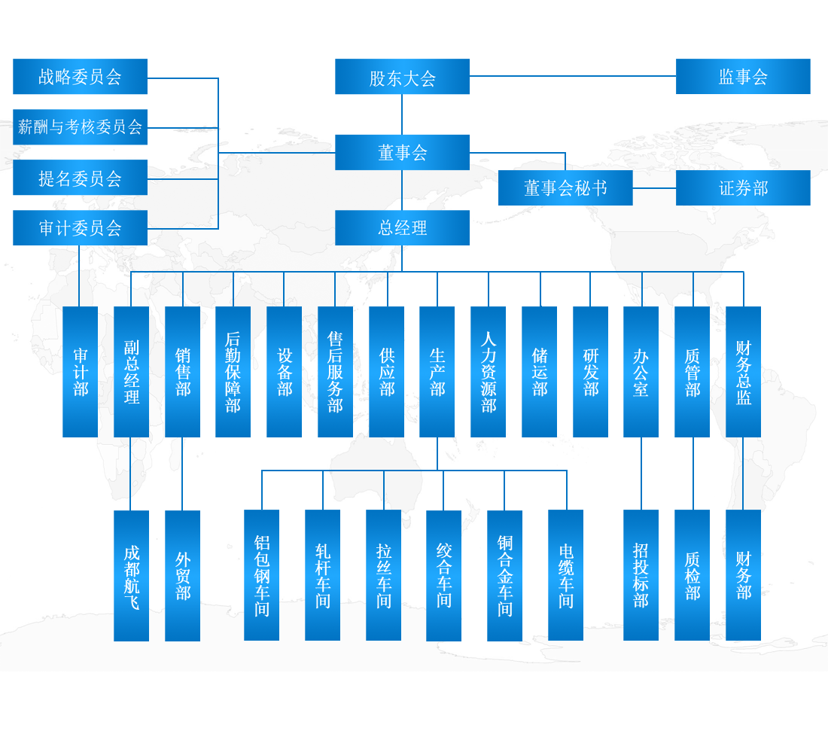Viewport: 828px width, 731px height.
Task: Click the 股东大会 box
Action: [402, 77]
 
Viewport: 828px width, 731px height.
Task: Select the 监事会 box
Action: [743, 77]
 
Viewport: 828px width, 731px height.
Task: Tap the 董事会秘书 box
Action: [565, 188]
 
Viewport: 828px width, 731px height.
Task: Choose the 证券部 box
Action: [743, 188]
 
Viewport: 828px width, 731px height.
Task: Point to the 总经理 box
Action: [402, 228]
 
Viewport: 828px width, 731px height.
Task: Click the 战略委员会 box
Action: [80, 77]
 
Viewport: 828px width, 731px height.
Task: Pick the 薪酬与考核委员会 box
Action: [80, 127]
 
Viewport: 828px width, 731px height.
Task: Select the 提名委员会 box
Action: [80, 178]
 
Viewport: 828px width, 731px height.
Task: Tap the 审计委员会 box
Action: [80, 228]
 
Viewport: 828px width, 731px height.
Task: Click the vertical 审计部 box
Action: [80, 372]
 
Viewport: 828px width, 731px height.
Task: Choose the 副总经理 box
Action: [131, 372]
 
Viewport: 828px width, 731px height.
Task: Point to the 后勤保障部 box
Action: [233, 372]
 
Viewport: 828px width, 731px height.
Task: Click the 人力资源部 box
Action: [488, 372]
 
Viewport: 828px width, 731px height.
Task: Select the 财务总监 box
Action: [743, 372]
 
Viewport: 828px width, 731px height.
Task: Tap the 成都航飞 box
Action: [131, 576]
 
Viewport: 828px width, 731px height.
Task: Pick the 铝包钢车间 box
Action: [261, 576]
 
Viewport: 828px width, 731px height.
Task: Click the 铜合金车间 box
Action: [504, 576]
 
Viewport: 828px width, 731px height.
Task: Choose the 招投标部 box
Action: [641, 576]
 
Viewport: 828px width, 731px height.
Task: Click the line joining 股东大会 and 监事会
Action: [572, 76]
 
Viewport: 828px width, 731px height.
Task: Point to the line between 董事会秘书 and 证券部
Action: [654, 188]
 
